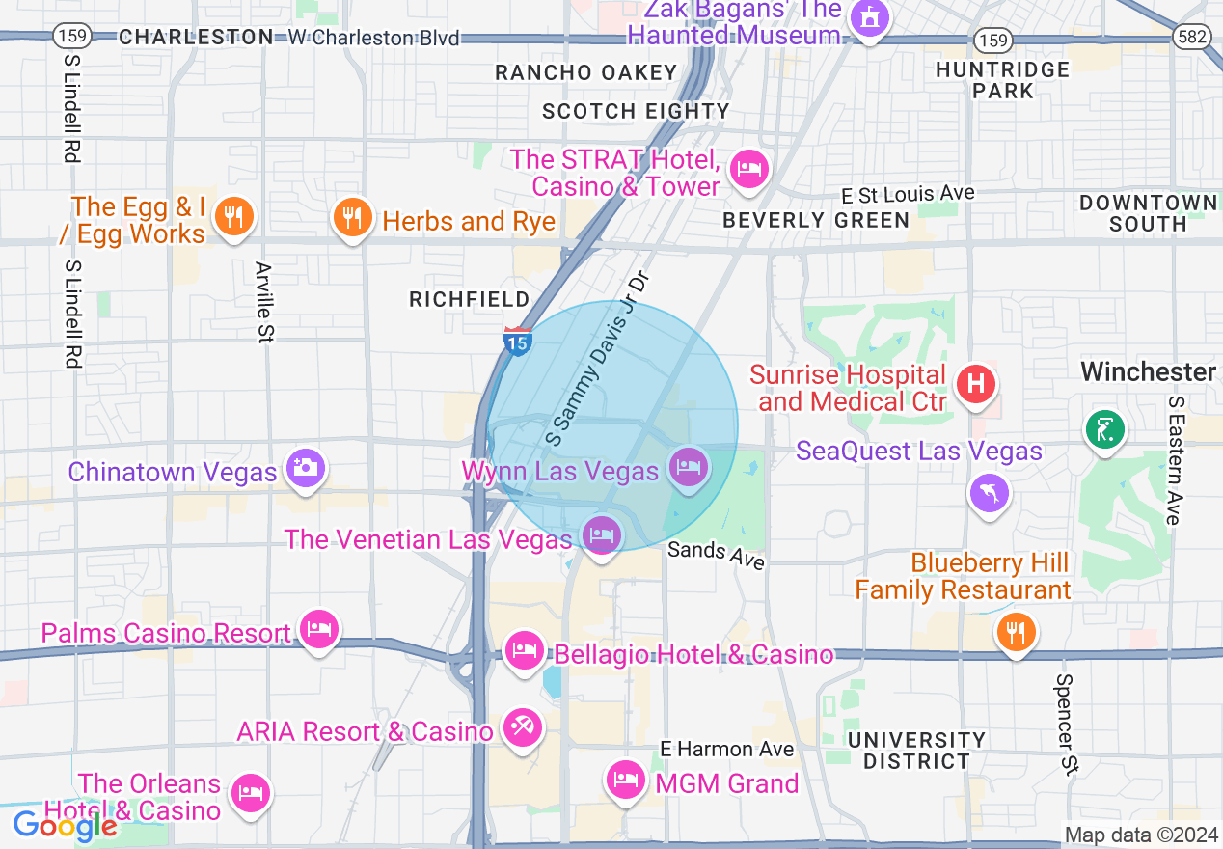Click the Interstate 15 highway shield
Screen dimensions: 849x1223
pos(518,342)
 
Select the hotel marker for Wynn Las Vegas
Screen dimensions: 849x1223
pos(689,468)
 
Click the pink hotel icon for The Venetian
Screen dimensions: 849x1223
pos(602,534)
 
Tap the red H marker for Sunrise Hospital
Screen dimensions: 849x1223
pos(975,383)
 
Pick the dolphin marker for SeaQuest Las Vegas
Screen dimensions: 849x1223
pos(989,493)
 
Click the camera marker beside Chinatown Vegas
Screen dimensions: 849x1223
pos(306,469)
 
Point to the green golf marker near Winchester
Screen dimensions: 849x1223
pos(1105,428)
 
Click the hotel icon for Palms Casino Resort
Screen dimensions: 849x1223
pos(318,631)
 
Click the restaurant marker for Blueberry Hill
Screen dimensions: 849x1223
pos(1015,633)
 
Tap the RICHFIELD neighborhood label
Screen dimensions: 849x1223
pos(470,299)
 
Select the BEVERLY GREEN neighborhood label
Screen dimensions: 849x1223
pos(816,220)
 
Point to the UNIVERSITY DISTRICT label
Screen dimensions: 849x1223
pos(916,751)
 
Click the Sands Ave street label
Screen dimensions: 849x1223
pos(717,555)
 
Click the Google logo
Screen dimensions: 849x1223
pos(65,826)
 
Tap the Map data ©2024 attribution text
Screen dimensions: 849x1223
pos(1139,835)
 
